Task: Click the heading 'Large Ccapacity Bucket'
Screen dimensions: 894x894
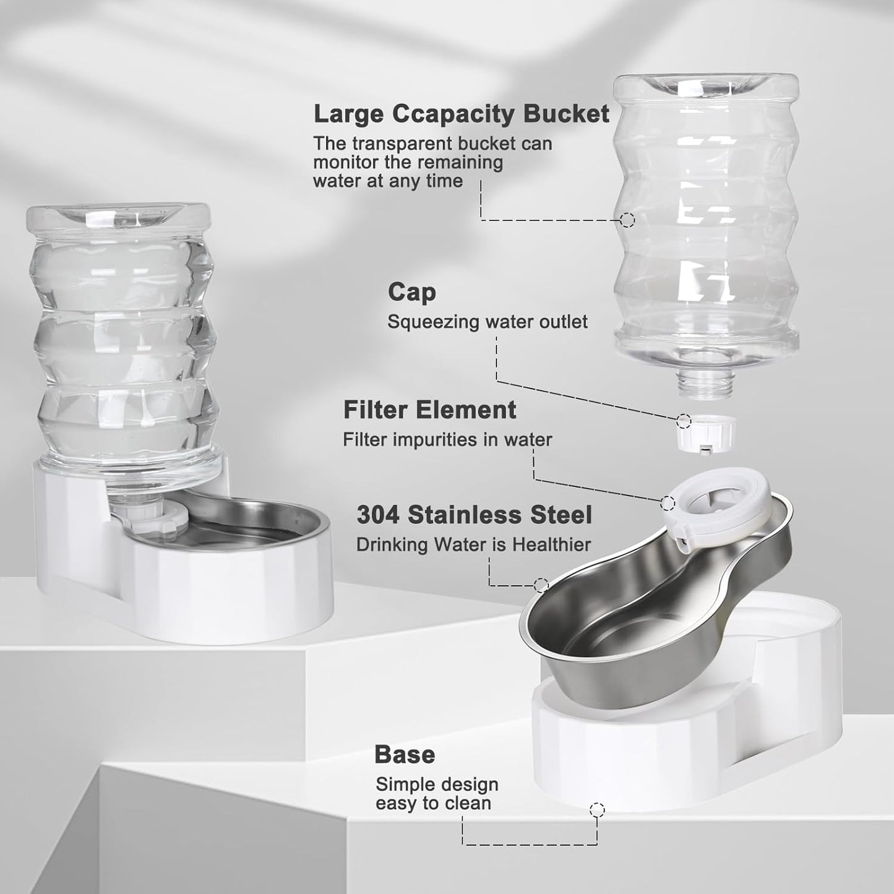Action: coord(461,114)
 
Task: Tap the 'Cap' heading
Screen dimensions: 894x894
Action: coord(411,292)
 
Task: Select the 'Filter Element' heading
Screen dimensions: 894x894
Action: coord(429,410)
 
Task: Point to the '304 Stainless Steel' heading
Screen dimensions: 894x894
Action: coord(474,515)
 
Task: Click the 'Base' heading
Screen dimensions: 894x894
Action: coord(405,755)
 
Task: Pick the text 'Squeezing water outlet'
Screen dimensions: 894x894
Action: coord(487,322)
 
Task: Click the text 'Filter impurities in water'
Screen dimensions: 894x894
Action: coord(447,440)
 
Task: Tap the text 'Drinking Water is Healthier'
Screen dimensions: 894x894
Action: coord(473,545)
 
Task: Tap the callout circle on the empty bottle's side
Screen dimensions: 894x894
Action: coord(627,219)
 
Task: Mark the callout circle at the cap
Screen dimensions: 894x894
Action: coord(684,421)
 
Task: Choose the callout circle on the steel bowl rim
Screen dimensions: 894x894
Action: coord(541,585)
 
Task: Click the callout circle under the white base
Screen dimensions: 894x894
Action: coord(597,810)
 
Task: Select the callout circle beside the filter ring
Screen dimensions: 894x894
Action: coord(668,502)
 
